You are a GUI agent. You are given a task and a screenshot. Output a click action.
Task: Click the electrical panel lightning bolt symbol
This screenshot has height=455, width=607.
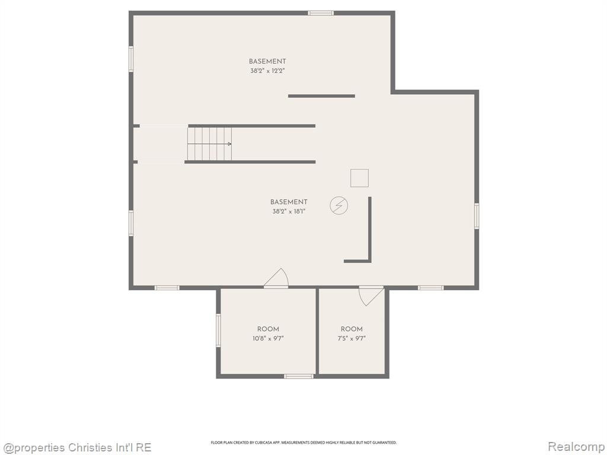point(338,206)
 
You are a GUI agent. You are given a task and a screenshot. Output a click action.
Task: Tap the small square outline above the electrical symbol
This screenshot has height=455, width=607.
point(359,178)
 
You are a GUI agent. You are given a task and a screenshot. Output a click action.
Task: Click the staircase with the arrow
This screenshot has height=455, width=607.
point(209,144)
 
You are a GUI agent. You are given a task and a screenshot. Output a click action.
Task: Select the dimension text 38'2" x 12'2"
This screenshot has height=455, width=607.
point(267,71)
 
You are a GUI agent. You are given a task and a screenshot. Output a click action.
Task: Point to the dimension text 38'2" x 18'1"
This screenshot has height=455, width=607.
point(289,212)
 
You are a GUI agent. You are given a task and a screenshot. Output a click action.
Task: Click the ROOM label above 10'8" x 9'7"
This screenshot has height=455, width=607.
point(268,329)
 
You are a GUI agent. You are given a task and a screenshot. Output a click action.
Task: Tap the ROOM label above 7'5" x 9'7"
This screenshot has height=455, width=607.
point(352,329)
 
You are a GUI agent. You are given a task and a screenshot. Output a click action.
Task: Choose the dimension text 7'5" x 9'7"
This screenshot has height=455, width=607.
point(352,338)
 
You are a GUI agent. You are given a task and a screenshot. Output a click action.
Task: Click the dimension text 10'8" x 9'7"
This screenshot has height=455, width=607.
point(268,338)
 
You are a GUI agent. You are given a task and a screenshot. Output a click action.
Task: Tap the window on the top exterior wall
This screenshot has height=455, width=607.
point(321,13)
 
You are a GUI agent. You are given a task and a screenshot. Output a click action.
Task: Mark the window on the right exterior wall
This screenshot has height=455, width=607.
point(477,216)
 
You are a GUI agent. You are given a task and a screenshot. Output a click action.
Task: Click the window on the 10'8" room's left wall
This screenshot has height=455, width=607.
point(218,330)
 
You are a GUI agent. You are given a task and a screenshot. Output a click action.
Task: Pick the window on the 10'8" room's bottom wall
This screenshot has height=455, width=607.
point(299,376)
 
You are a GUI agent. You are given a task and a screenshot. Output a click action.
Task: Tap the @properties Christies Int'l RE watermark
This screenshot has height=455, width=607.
point(76,448)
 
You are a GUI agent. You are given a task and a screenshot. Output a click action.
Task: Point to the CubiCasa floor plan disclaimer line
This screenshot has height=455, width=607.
point(303,442)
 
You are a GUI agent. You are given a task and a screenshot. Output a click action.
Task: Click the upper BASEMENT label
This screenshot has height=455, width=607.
point(267,61)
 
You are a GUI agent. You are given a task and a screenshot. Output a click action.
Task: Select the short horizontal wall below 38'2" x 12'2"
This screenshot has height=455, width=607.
point(321,96)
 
